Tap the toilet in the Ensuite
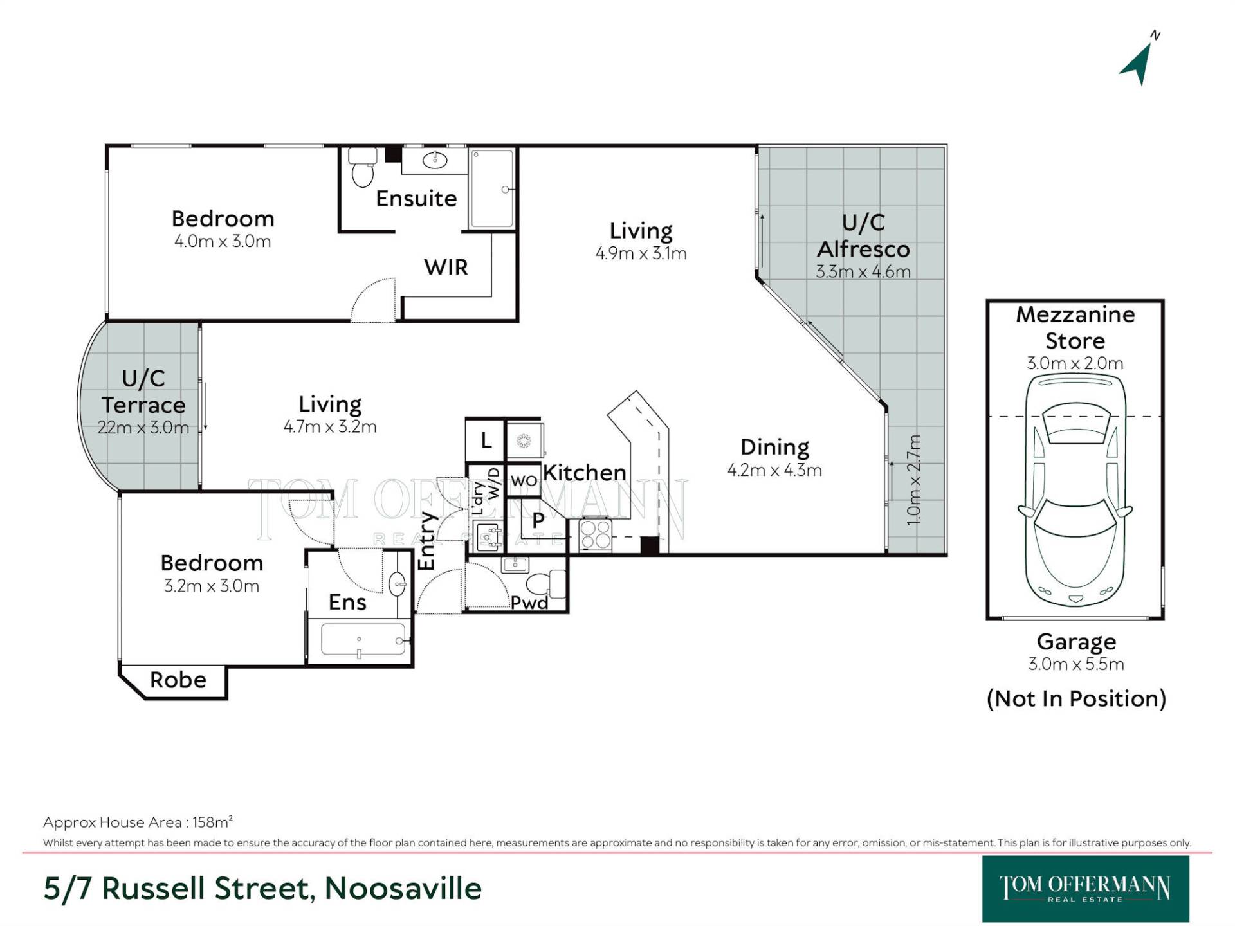(x=362, y=167)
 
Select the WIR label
(x=446, y=267)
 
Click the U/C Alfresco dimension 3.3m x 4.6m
(x=863, y=271)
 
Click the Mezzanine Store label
(x=1075, y=327)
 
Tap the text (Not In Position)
(x=1076, y=698)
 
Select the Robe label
(x=178, y=680)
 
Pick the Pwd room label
(x=529, y=603)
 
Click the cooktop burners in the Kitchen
(x=596, y=535)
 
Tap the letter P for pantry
(x=538, y=520)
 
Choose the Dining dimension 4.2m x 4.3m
(x=774, y=470)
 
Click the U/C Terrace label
(x=143, y=392)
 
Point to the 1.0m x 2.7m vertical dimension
(x=914, y=480)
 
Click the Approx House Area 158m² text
(x=138, y=822)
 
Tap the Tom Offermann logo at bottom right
(x=1085, y=889)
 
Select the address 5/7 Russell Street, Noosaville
(x=262, y=889)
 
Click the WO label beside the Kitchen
(x=524, y=480)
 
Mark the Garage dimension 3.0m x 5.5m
(x=1076, y=664)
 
